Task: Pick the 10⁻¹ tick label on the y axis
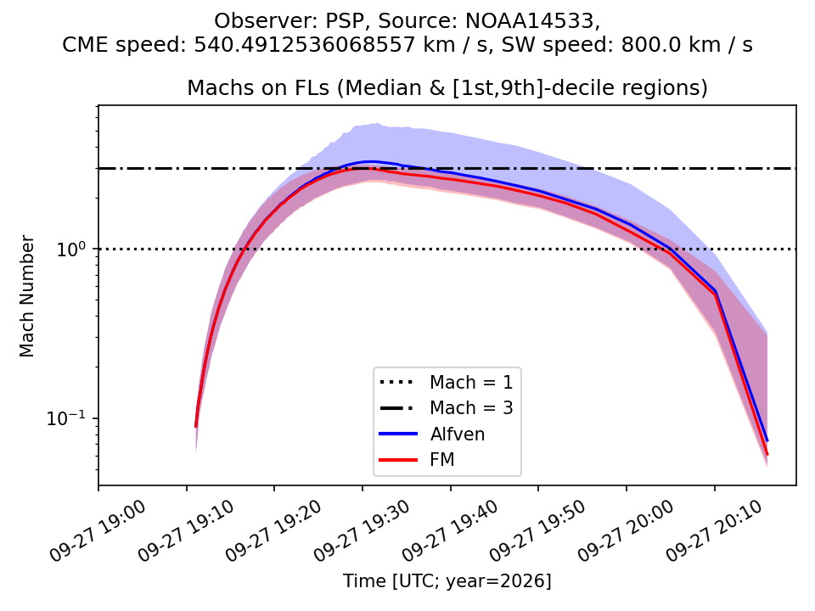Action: pos(66,418)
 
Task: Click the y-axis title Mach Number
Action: pos(26,296)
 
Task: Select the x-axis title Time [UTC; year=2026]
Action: pos(447,580)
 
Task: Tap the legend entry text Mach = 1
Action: pos(471,383)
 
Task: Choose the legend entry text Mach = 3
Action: pos(471,408)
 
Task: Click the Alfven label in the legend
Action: pos(458,434)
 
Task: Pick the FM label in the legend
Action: pos(442,460)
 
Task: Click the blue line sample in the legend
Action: pos(398,434)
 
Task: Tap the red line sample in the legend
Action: pos(398,460)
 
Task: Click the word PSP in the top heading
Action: pos(346,21)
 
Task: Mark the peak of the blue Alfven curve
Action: pos(369,161)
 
